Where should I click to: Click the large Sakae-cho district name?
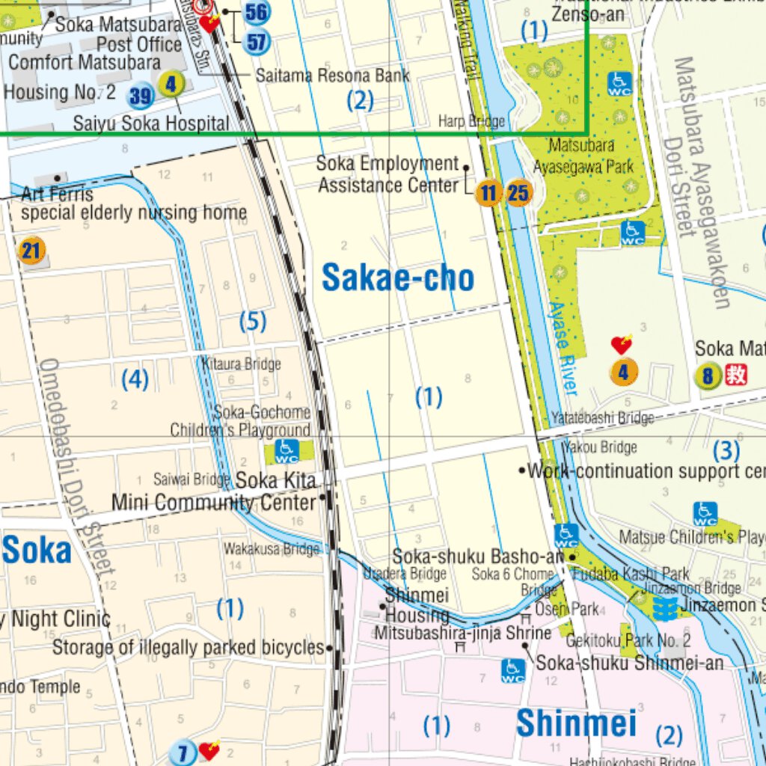(398, 278)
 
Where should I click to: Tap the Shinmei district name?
(576, 723)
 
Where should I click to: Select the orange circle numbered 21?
(31, 250)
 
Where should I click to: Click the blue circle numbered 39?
(141, 96)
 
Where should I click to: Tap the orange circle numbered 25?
(518, 194)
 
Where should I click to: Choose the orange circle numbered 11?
(488, 194)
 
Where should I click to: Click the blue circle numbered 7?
(182, 752)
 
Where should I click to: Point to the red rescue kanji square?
(736, 374)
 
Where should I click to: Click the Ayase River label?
(563, 348)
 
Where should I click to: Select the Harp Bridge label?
(471, 121)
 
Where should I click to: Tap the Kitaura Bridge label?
(242, 364)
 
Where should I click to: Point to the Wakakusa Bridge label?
(272, 549)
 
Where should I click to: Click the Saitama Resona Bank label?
(332, 76)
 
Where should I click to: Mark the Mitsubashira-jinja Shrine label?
(463, 633)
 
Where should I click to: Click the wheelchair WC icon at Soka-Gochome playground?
(286, 450)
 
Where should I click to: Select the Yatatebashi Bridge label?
(602, 417)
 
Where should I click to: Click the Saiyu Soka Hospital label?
(151, 123)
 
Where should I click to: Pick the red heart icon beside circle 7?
(209, 749)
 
